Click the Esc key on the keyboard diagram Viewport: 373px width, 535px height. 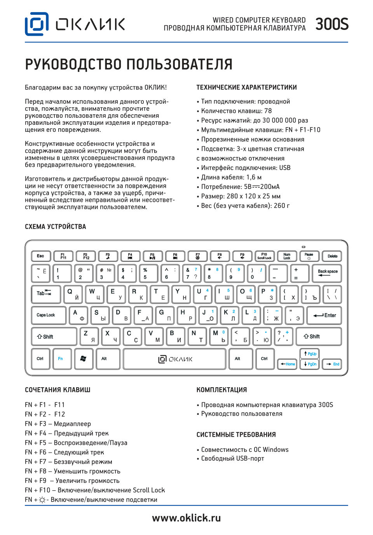[x=40, y=256]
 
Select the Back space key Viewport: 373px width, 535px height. [x=327, y=273]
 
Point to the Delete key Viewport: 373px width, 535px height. [x=332, y=256]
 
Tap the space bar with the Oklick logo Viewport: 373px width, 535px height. [x=174, y=359]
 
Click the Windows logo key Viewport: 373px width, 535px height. [x=83, y=358]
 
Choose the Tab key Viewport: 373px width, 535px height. [x=45, y=294]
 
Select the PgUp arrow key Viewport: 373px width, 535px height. [x=310, y=354]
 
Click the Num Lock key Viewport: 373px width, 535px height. [x=287, y=256]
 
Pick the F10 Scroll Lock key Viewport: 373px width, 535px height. [x=264, y=256]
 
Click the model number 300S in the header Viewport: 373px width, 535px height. [x=332, y=24]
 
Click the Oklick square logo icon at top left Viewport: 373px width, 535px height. [x=37, y=24]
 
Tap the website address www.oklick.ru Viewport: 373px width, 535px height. [x=186, y=518]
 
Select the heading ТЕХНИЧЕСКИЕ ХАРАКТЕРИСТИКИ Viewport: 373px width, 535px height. [x=246, y=87]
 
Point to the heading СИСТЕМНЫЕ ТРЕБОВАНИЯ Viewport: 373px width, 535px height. [x=236, y=435]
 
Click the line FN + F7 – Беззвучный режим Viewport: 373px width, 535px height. [x=68, y=462]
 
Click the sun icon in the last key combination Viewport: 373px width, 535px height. [x=42, y=500]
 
